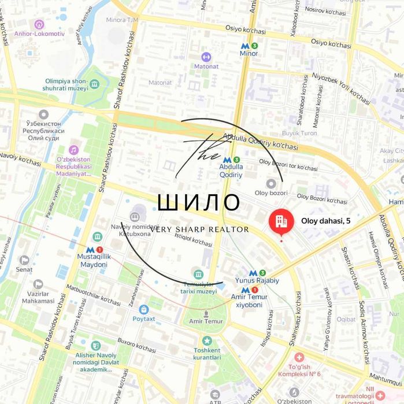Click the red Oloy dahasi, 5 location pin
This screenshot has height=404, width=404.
(281, 221)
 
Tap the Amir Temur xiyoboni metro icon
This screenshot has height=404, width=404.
(245, 290)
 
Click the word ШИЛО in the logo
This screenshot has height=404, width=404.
(199, 202)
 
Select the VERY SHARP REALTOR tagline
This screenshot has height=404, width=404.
(199, 229)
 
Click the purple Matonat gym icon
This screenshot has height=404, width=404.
(206, 57)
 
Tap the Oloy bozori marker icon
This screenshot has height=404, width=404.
(271, 183)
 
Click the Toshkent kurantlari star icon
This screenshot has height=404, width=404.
(207, 341)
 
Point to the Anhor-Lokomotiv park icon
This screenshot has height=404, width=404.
(39, 25)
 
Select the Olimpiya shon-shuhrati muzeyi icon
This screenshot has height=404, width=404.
(94, 86)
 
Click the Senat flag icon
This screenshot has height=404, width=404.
(24, 261)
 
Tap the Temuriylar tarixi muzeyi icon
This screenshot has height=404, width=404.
(198, 274)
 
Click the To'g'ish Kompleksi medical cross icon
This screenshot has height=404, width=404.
(299, 358)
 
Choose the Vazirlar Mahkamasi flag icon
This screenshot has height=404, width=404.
(38, 285)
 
